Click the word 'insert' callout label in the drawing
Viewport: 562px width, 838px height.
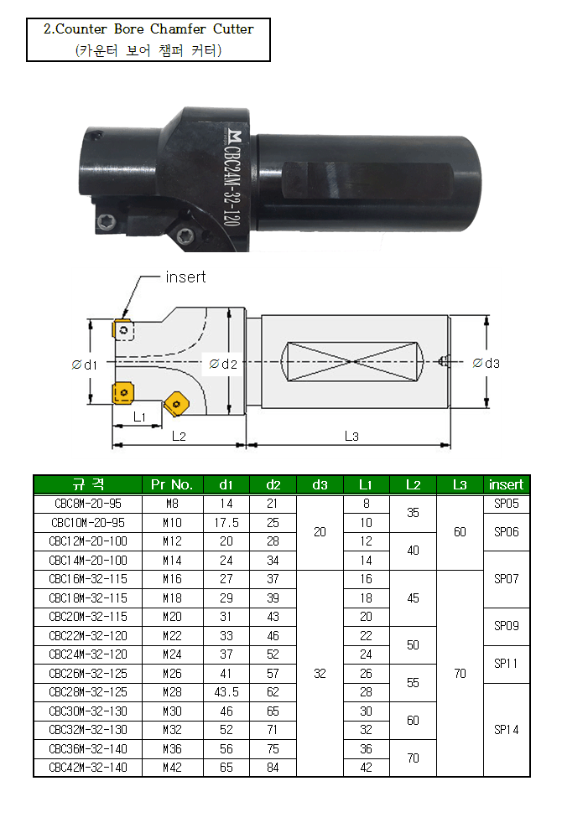(185, 277)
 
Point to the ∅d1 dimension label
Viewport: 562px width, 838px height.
(85, 365)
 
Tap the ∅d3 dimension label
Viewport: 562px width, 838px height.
(486, 364)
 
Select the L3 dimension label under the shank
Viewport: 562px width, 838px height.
(351, 436)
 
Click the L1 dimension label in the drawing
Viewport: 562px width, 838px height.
(139, 416)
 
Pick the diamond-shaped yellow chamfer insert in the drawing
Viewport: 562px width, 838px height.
(176, 403)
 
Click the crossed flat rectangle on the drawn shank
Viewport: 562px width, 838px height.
(352, 362)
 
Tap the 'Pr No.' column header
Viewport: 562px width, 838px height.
(172, 484)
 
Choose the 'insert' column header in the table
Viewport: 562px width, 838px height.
(506, 484)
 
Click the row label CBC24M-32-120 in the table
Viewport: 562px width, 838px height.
(88, 654)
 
